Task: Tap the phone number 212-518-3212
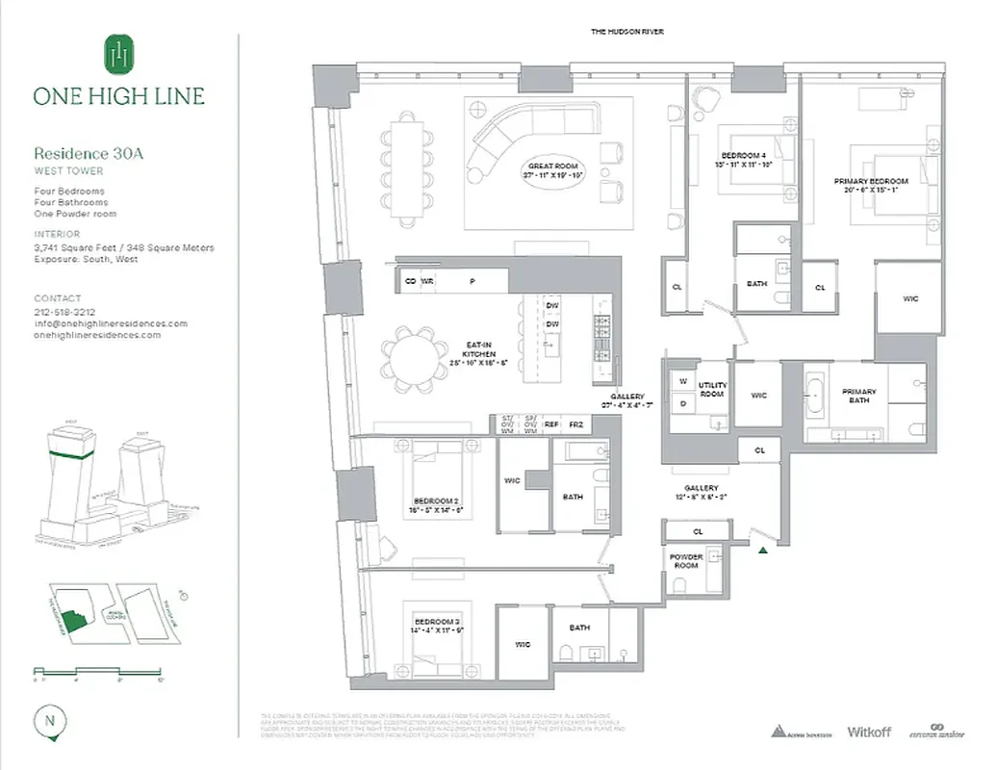coord(64,312)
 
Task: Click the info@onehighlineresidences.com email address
coord(111,323)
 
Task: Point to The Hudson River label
coord(626,32)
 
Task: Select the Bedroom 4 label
coord(743,159)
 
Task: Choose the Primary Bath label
coord(858,397)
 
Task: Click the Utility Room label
coord(712,390)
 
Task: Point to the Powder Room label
coord(686,562)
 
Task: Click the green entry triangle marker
coord(763,550)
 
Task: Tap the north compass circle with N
coord(48,720)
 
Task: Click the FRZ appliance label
coord(575,423)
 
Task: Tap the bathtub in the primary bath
coord(815,398)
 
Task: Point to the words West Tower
coord(68,170)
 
